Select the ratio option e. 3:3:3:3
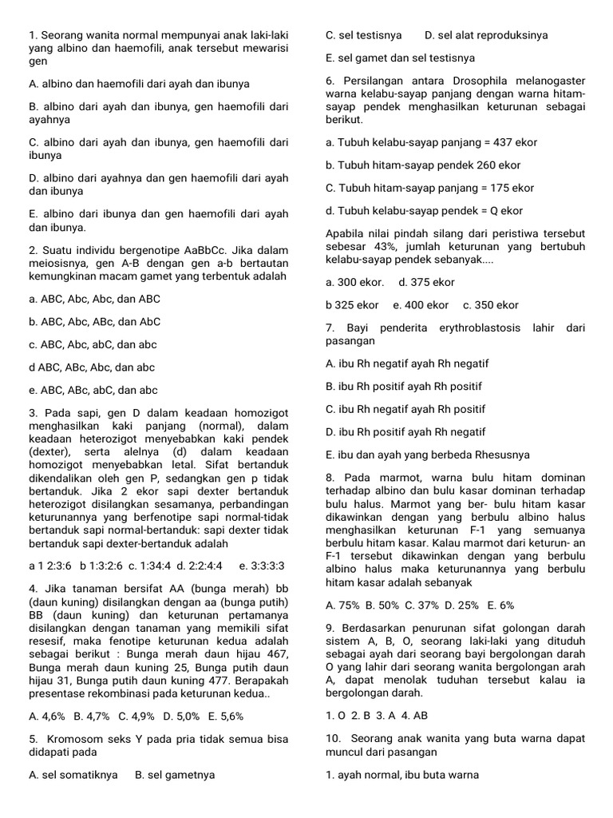262,566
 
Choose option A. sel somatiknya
73,775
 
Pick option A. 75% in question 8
342,606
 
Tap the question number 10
332,740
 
